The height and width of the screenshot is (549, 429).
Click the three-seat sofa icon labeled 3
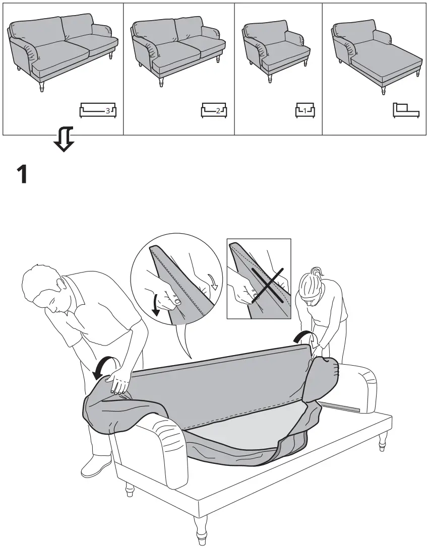pos(98,110)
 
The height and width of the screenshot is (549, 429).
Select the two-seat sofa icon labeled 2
pos(214,110)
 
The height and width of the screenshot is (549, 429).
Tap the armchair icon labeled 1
pos(305,110)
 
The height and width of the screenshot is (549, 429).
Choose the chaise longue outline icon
pos(406,110)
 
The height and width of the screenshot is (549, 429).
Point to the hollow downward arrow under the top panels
pos(65,140)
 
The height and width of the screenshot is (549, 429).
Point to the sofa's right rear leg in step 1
pos(383,440)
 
